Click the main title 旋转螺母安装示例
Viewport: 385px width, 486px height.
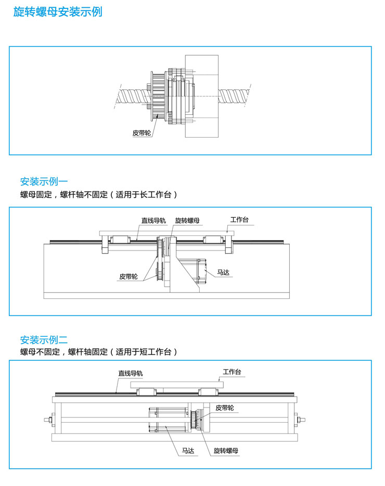pyautogui.click(x=57, y=12)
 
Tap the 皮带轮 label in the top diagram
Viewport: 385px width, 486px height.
pyautogui.click(x=141, y=133)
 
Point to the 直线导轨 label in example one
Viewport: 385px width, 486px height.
pyautogui.click(x=153, y=220)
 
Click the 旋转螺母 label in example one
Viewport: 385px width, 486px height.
pyautogui.click(x=187, y=220)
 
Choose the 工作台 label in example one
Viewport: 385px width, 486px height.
pyautogui.click(x=239, y=220)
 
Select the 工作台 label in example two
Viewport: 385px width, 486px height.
pyautogui.click(x=232, y=372)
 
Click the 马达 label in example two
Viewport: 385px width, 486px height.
pyautogui.click(x=188, y=451)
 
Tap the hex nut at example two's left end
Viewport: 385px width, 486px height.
pyautogui.click(x=48, y=419)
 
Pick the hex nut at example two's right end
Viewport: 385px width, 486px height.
pyautogui.click(x=300, y=419)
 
